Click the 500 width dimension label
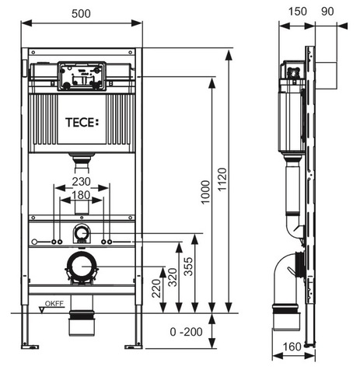pyautogui.click(x=81, y=14)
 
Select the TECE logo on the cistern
pyautogui.click(x=82, y=123)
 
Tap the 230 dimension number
pyautogui.click(x=81, y=182)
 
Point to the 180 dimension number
pyautogui.click(x=81, y=195)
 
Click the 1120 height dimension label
pyautogui.click(x=222, y=180)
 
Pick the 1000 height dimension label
pyautogui.click(x=205, y=192)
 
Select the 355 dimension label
pyautogui.click(x=188, y=267)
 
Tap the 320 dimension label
pyautogui.click(x=173, y=277)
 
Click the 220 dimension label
pyautogui.click(x=156, y=288)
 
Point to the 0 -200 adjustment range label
pyautogui.click(x=187, y=332)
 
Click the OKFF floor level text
pyautogui.click(x=54, y=304)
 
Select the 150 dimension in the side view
pyautogui.click(x=298, y=12)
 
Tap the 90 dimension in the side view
pyautogui.click(x=327, y=12)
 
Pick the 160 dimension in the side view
pyautogui.click(x=292, y=347)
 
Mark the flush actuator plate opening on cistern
pyautogui.click(x=82, y=76)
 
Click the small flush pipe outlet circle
pyautogui.click(x=82, y=233)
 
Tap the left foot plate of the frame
pyautogui.click(x=30, y=347)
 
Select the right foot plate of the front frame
pyautogui.click(x=134, y=347)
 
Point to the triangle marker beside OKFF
pyautogui.click(x=42, y=310)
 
